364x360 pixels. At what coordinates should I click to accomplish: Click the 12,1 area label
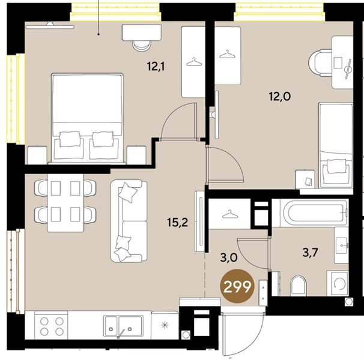point(156,67)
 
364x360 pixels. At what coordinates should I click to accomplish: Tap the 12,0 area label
point(280,96)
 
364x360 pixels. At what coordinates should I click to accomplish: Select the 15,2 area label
point(178,223)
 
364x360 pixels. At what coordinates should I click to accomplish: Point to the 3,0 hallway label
point(229,258)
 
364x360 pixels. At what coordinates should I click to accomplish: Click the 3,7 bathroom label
point(310,253)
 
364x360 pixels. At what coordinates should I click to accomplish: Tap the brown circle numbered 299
point(237,286)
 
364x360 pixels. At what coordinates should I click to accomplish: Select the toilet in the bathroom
point(298,286)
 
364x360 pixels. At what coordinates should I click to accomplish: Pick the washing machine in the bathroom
point(338,283)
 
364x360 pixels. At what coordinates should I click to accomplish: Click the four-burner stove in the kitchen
point(51,325)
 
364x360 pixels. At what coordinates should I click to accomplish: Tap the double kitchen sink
point(123,325)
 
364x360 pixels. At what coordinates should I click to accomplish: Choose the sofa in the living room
point(129,221)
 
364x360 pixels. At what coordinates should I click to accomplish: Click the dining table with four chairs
point(65,203)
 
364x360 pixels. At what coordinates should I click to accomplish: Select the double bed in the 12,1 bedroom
point(87,118)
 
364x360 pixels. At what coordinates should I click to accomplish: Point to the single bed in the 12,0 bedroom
point(336,145)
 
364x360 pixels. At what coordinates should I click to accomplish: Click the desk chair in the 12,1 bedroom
point(141,46)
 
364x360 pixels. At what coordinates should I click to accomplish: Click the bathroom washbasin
point(341,245)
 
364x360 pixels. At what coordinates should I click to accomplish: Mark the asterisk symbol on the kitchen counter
point(165,325)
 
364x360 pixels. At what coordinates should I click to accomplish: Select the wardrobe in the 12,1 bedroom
point(193,62)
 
